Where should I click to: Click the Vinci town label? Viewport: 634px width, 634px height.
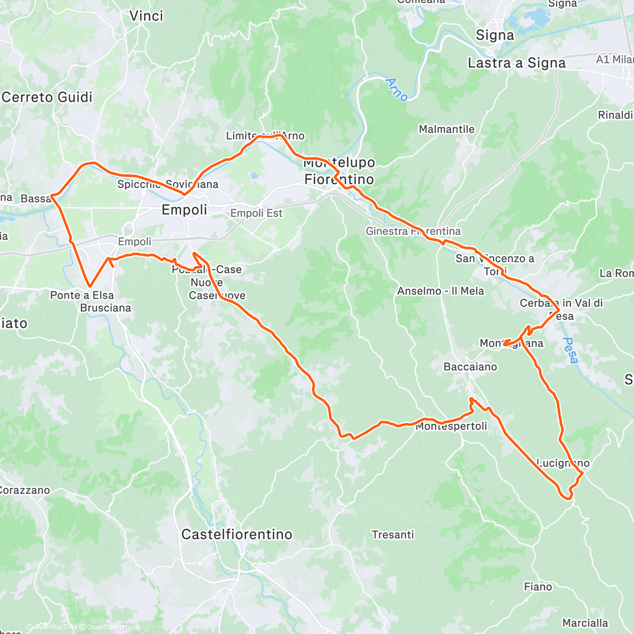[x=146, y=16]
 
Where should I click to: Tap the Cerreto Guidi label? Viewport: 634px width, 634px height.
[x=47, y=97]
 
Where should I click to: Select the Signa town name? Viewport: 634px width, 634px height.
[x=495, y=35]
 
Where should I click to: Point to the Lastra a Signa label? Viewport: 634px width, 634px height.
[x=516, y=63]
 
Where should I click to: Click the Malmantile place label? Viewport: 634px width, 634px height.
[x=446, y=129]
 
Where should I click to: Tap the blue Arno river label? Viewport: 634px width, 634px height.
[x=396, y=89]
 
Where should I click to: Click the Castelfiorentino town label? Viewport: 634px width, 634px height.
[x=236, y=535]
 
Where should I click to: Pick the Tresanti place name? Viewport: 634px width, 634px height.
[x=393, y=535]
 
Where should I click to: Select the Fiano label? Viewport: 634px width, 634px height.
[x=538, y=587]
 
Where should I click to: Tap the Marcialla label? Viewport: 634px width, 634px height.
[x=585, y=623]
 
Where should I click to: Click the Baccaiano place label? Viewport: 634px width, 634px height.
[x=470, y=367]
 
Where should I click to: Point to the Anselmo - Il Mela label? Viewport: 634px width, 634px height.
[x=440, y=291]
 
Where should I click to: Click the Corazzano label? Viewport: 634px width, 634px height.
[x=24, y=490]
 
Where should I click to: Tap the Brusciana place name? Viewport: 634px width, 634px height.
[x=105, y=308]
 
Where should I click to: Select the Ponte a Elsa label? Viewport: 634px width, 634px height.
[x=82, y=295]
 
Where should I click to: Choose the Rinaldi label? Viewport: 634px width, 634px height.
[x=616, y=115]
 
